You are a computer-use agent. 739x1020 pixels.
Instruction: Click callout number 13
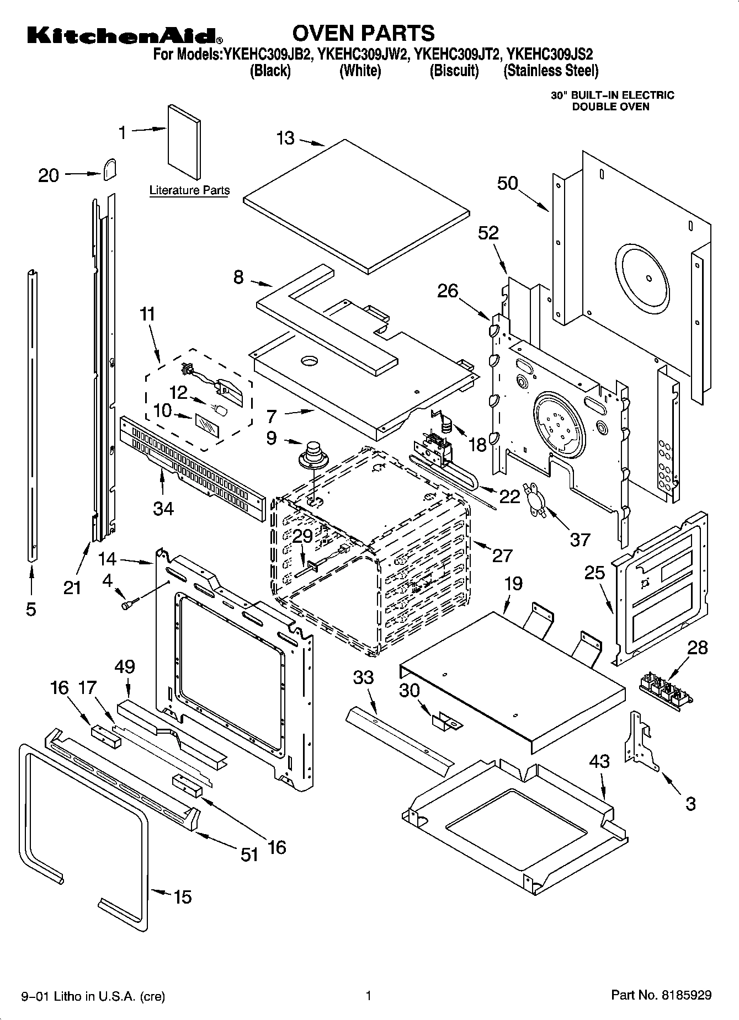pyautogui.click(x=286, y=138)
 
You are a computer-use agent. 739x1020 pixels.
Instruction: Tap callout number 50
pyautogui.click(x=508, y=183)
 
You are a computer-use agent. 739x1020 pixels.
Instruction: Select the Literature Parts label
pyautogui.click(x=189, y=190)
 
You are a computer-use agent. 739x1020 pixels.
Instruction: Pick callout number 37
pyautogui.click(x=580, y=539)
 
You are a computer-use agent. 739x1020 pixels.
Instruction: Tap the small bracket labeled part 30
pyautogui.click(x=445, y=720)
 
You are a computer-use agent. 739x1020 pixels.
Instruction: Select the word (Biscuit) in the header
pyautogui.click(x=454, y=71)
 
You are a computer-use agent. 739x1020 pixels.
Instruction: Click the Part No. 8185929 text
pyautogui.click(x=661, y=996)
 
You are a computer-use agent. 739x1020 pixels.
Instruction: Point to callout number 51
pyautogui.click(x=249, y=855)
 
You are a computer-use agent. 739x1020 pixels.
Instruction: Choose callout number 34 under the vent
pyautogui.click(x=163, y=508)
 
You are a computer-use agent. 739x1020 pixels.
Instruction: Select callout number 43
pyautogui.click(x=599, y=761)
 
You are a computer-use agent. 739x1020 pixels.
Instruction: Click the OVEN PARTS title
pyautogui.click(x=363, y=33)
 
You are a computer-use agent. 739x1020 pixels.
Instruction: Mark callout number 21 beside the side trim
pyautogui.click(x=72, y=588)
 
